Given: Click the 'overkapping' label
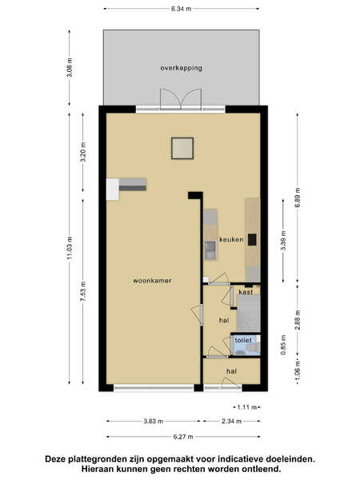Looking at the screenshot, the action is pos(182,68).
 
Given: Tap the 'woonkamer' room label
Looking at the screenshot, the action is pos(152,281).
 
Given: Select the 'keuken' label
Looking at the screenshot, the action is pos(231,239).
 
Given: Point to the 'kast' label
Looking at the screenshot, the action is pos(246,292).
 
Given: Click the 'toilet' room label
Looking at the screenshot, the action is pos(243,340).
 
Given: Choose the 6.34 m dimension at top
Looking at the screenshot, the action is pos(182,9).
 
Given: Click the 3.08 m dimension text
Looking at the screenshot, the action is pos(70,67).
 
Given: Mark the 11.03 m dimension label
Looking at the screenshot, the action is pos(70,248).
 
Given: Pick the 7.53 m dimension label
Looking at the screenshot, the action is pos(83,291).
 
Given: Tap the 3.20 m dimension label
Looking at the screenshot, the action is pos(83,152).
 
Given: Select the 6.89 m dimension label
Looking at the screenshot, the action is pos(298,198).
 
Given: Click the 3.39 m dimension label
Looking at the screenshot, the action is pos(283,241).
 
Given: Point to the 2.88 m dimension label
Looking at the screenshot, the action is pos(298,320).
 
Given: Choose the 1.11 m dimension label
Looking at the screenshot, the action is pos(247,407).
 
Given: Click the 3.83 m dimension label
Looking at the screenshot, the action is pos(154,422).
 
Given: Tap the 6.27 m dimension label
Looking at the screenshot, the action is pos(183,437).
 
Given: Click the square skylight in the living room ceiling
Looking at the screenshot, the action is pos(182,149).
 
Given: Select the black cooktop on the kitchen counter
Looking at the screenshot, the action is pos(252,240).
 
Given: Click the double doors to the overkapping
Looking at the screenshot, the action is pos(181,99).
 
